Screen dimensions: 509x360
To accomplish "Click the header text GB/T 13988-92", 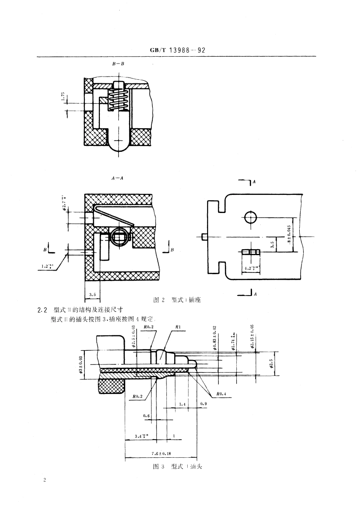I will pos(178,51).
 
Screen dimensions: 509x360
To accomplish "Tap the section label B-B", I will pos(118,64).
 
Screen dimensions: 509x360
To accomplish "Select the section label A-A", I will pos(118,178).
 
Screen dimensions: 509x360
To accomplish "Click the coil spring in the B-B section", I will pos(119,98).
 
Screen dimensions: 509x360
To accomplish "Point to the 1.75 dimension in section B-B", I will pos(63,97).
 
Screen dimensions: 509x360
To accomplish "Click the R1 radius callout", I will pos(172,326).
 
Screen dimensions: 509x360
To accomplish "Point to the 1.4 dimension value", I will pos(182,403).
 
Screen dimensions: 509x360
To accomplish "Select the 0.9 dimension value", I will pos(203,403).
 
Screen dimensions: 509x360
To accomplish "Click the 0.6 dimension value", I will pos(146,416).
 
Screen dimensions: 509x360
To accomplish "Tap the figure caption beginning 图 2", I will pos(177,300).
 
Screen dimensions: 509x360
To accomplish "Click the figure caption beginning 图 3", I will pos(177,467).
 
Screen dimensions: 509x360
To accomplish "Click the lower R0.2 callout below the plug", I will pos(138,397).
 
